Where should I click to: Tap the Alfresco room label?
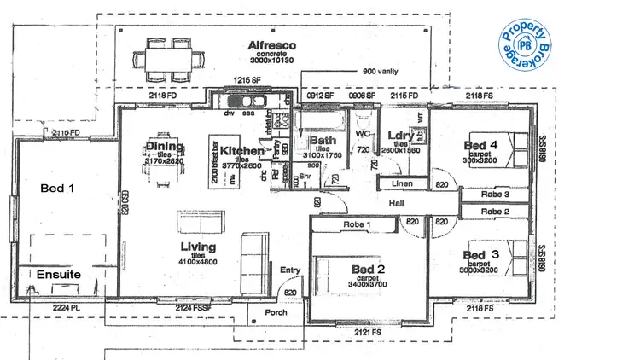pyautogui.click(x=271, y=45)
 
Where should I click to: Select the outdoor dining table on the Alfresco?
pyautogui.click(x=169, y=61)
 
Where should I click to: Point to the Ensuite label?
pyautogui.click(x=58, y=275)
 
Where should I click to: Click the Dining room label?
pyautogui.click(x=165, y=147)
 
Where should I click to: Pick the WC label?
pyautogui.click(x=361, y=134)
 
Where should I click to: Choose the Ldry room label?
pyautogui.click(x=399, y=136)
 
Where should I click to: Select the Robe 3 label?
pyautogui.click(x=495, y=195)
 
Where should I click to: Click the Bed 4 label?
pyautogui.click(x=480, y=146)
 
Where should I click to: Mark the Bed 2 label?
pyautogui.click(x=369, y=269)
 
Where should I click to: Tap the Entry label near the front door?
pyautogui.click(x=291, y=270)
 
